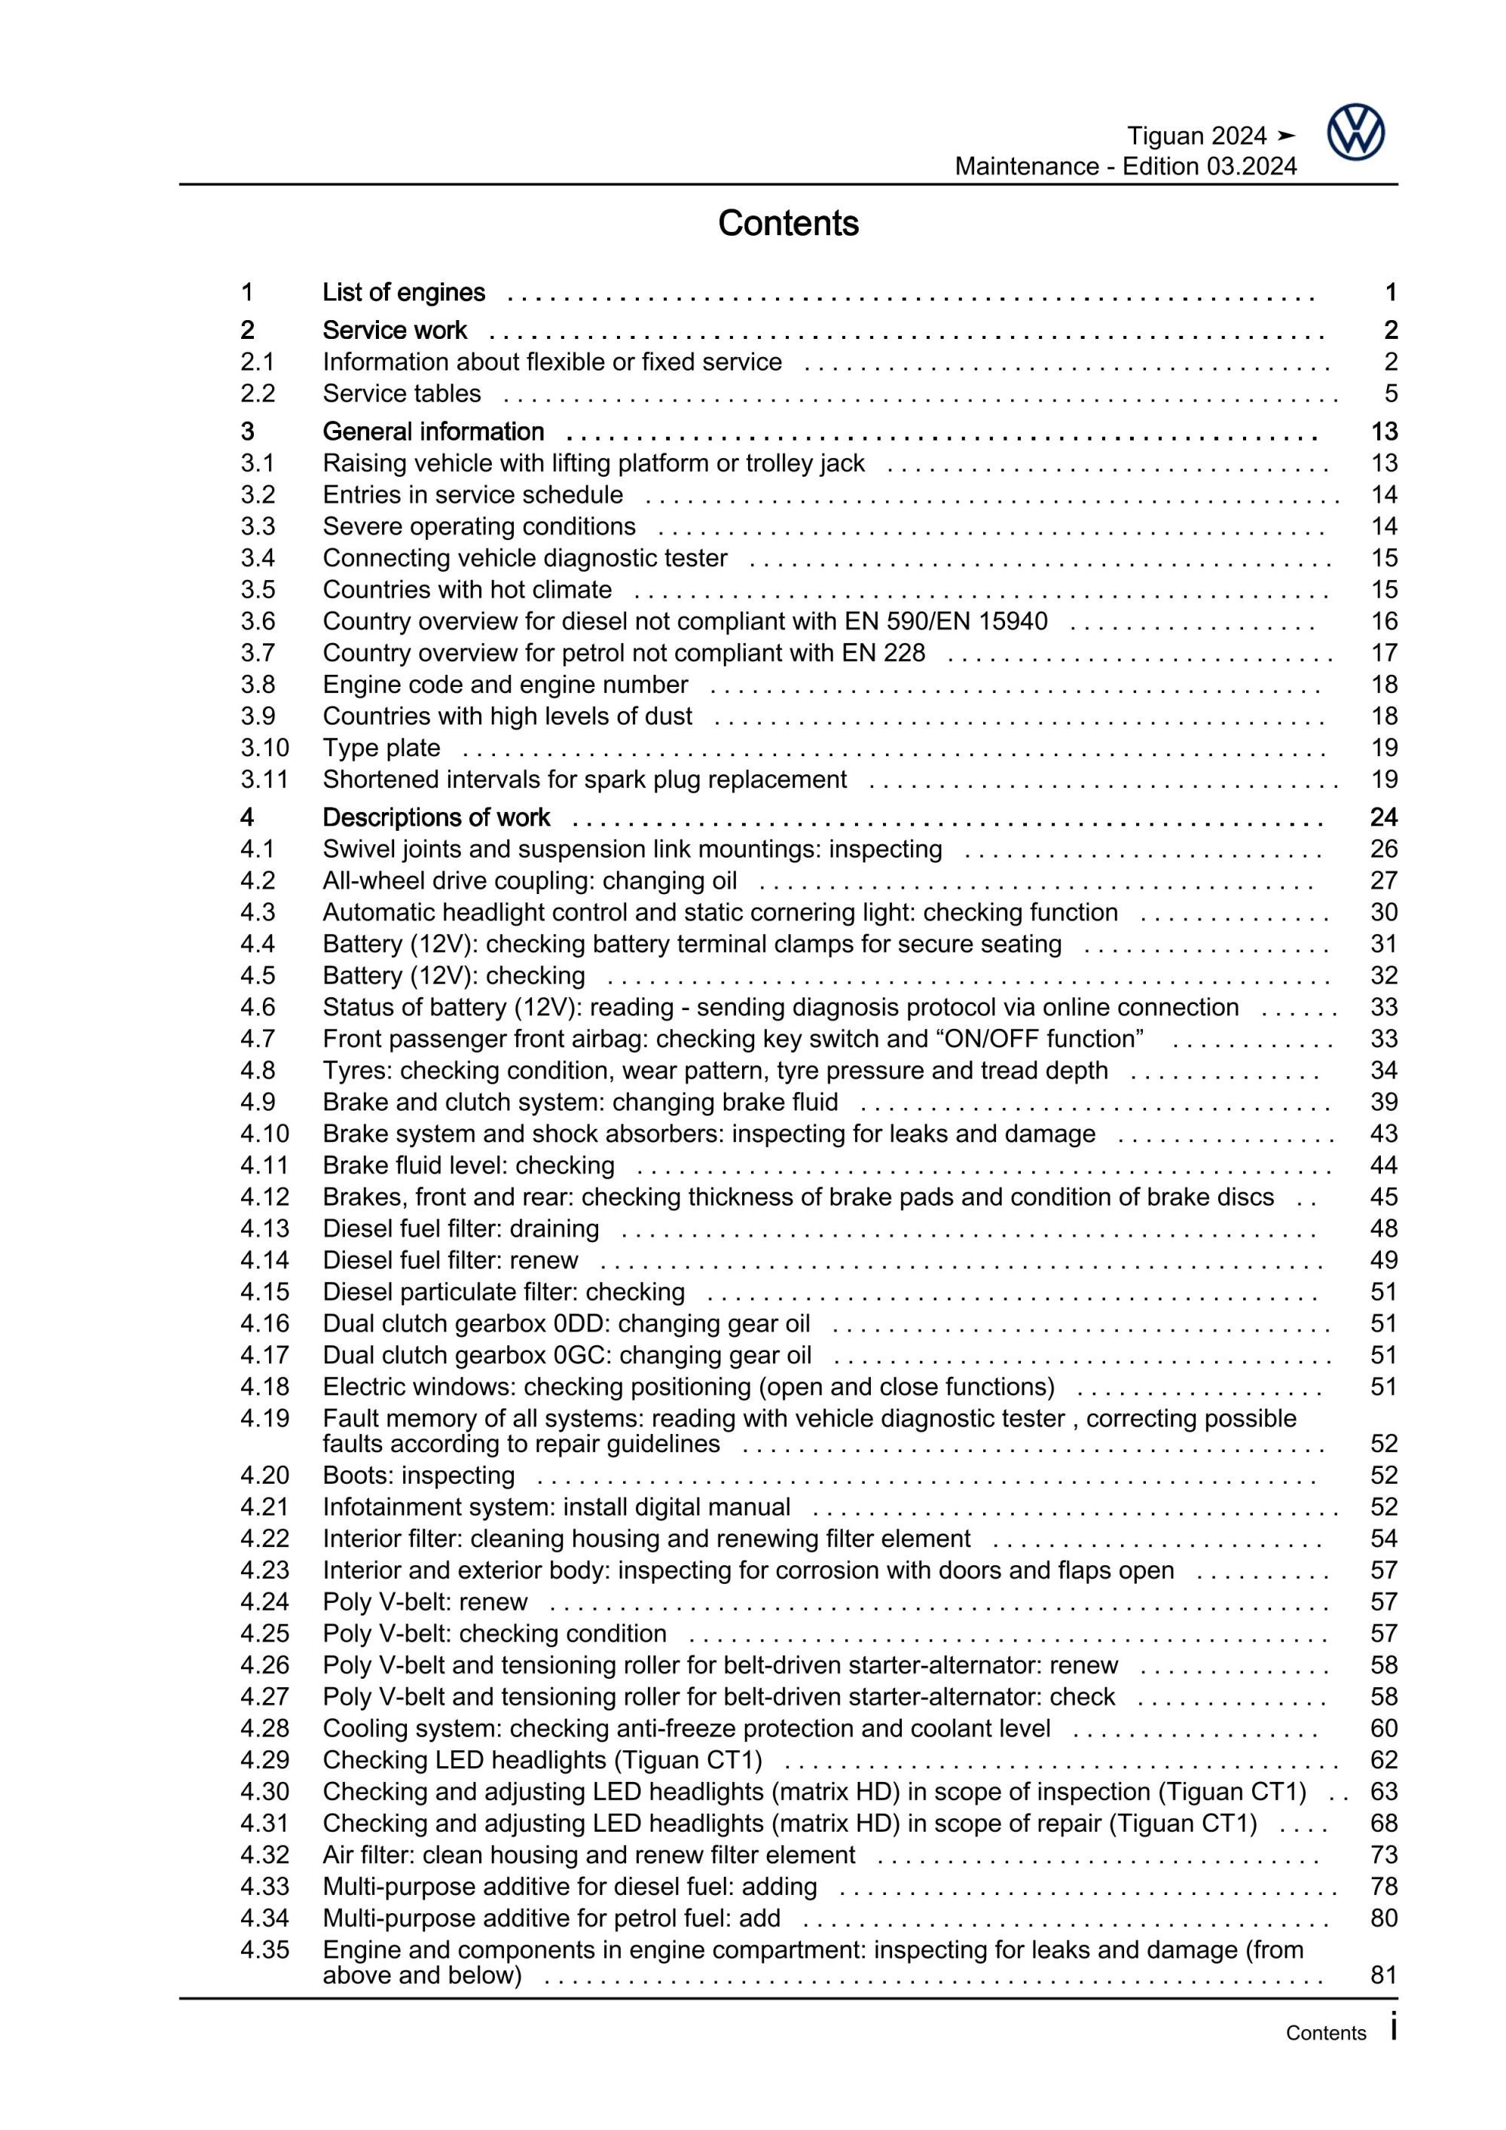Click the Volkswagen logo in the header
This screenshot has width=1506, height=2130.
pos(1355,133)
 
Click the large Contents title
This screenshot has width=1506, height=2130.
pos(788,224)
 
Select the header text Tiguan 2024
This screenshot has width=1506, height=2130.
pos(1196,136)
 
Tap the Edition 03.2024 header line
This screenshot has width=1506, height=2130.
pos(1125,167)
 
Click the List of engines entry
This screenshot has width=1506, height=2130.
pos(404,292)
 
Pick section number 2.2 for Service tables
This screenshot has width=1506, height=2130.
pos(257,393)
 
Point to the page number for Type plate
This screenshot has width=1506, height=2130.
pos(1383,748)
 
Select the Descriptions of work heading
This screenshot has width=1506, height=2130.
pos(436,817)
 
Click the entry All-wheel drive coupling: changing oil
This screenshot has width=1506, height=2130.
pos(530,880)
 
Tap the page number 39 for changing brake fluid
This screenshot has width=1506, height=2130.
pos(1383,1102)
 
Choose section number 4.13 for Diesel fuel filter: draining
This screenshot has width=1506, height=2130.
pos(264,1228)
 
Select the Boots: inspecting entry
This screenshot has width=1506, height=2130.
pos(418,1475)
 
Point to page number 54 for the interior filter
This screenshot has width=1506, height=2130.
pos(1383,1538)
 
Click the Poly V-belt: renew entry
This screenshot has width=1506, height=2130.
pos(425,1602)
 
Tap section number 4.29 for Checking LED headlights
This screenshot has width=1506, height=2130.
pos(264,1760)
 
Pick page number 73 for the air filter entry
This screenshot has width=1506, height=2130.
pos(1383,1854)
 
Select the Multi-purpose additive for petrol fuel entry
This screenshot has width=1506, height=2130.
pos(551,1918)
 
